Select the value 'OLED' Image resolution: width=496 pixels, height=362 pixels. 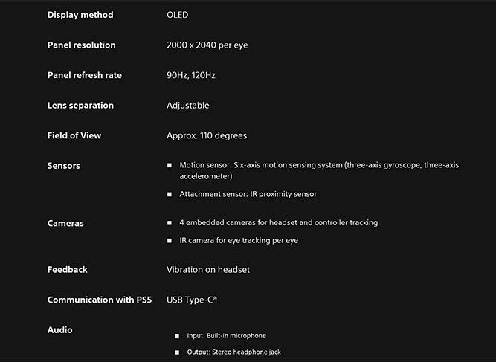pyautogui.click(x=178, y=15)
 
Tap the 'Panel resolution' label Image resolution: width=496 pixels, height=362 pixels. pyautogui.click(x=82, y=45)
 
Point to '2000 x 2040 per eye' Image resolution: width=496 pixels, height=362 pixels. pyautogui.click(x=207, y=45)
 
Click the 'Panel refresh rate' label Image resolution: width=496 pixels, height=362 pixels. pyautogui.click(x=85, y=75)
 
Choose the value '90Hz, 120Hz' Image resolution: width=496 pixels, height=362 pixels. pyautogui.click(x=191, y=75)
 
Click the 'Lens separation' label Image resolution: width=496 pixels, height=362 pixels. pyautogui.click(x=80, y=106)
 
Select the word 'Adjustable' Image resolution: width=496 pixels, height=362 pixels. pyautogui.click(x=188, y=106)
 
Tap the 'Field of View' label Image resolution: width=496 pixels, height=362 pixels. pyautogui.click(x=74, y=135)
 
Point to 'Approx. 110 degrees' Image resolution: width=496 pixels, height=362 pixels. pyautogui.click(x=207, y=135)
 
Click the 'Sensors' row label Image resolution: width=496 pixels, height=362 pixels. pyautogui.click(x=64, y=165)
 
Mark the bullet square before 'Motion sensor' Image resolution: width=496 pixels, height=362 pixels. pyautogui.click(x=170, y=166)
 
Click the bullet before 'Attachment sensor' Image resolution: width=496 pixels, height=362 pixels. pyautogui.click(x=170, y=195)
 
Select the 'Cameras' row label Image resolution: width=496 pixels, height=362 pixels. pyautogui.click(x=65, y=223)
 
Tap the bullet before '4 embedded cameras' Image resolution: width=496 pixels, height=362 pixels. pyautogui.click(x=170, y=223)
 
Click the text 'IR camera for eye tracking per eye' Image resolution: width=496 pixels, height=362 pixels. pyautogui.click(x=239, y=240)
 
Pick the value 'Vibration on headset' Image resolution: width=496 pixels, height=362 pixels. pyautogui.click(x=208, y=269)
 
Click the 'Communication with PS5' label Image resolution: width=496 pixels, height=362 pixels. pyautogui.click(x=100, y=300)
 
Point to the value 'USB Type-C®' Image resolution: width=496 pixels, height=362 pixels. pyautogui.click(x=192, y=300)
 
